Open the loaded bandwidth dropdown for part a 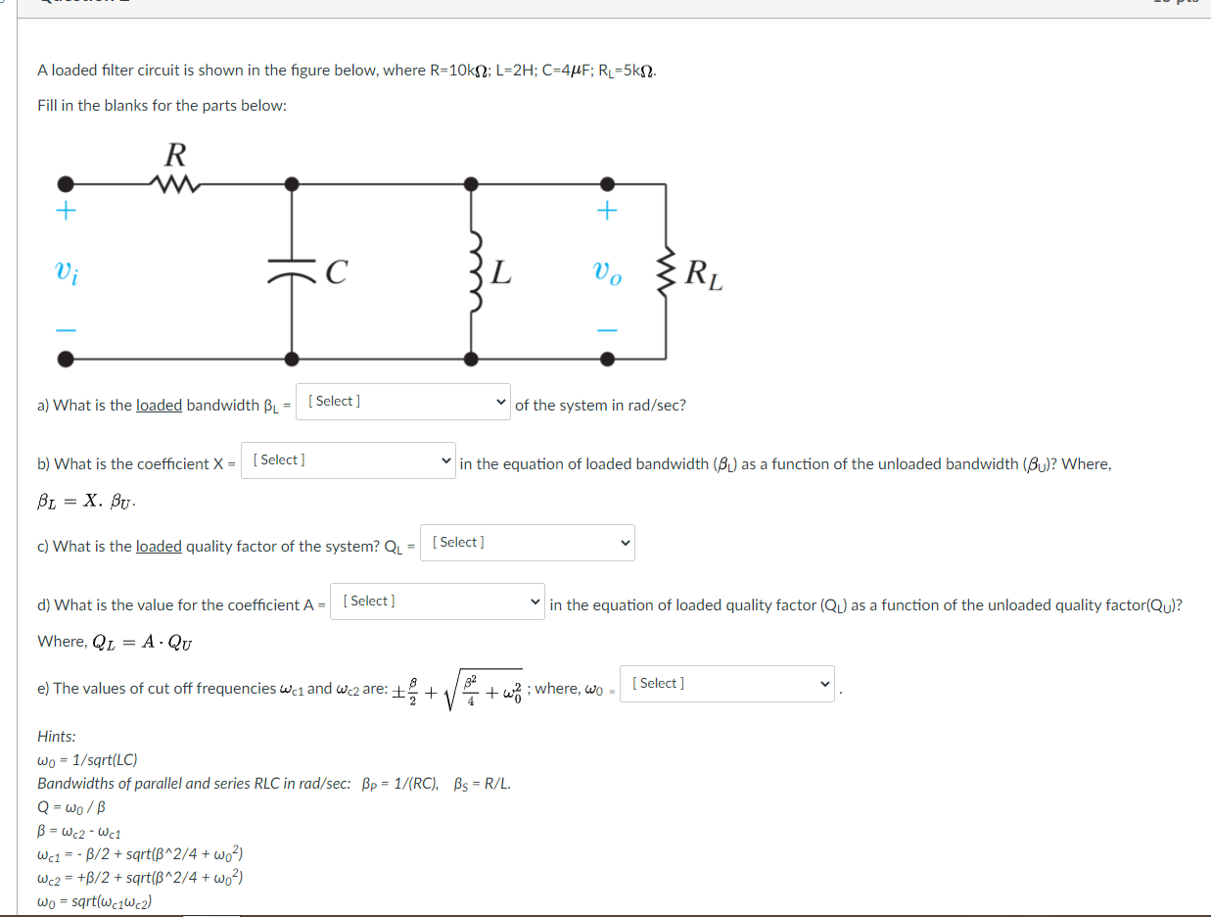(x=402, y=402)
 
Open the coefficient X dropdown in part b (x=349, y=460)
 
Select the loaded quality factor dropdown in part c (x=527, y=543)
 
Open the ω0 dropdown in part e (x=727, y=684)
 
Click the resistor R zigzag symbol (x=177, y=183)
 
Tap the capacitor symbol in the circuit (x=292, y=272)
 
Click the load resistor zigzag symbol (x=667, y=271)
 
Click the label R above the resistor (x=175, y=154)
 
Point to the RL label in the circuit (x=704, y=274)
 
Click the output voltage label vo (x=607, y=272)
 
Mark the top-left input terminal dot (x=66, y=183)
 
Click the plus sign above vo (x=607, y=211)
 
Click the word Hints (x=56, y=736)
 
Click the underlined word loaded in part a (x=159, y=406)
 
